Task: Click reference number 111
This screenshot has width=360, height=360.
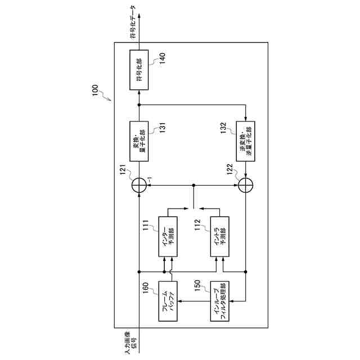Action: pos(145,224)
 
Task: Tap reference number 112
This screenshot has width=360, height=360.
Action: pos(197,224)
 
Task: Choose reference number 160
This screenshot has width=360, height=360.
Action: pos(145,289)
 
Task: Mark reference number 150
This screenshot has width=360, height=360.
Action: pos(197,288)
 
